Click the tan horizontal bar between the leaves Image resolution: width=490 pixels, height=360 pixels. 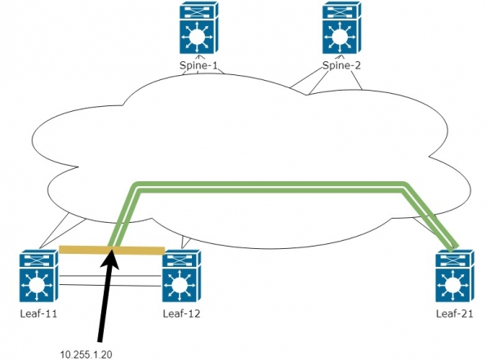[82, 250]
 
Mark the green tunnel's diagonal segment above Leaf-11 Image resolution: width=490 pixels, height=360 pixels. [120, 216]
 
